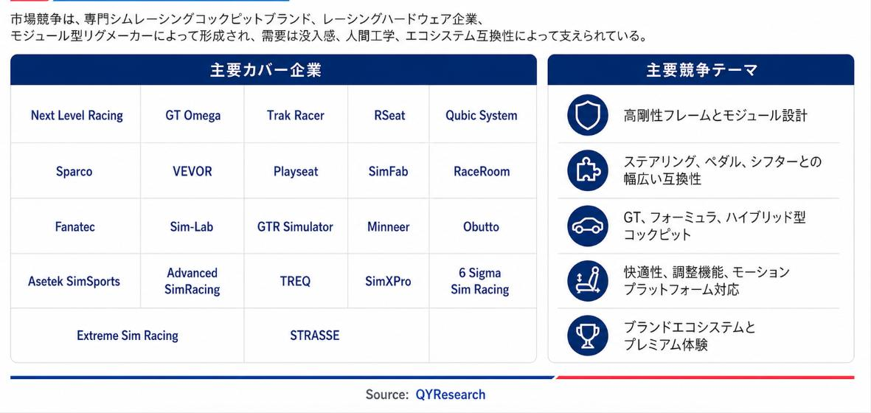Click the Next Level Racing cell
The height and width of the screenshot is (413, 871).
pos(77,116)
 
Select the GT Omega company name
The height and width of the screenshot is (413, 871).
pos(192,116)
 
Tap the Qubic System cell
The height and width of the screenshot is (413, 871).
pos(481,116)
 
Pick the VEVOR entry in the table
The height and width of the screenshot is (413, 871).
pos(192,171)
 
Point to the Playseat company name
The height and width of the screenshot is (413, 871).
pos(296,171)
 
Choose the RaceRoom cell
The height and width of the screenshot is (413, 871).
pos(482,171)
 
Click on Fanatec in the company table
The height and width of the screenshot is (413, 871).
pos(75,226)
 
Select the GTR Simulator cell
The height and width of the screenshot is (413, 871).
pos(295,226)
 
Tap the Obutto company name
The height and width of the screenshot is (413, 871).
pos(481,226)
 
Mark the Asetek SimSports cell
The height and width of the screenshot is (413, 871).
pos(74,282)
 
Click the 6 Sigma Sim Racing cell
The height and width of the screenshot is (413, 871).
pos(480,282)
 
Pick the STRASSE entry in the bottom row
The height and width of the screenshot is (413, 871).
pos(314,336)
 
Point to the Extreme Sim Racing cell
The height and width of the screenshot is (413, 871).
pos(127,336)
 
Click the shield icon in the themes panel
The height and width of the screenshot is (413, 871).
pos(588,116)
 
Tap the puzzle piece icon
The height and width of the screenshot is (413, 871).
pos(588,170)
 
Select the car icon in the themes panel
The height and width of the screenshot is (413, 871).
pos(588,226)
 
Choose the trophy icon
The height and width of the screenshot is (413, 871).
pos(588,336)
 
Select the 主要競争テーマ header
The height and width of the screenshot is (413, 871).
pos(701,70)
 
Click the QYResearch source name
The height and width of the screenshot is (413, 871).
pos(451,395)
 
